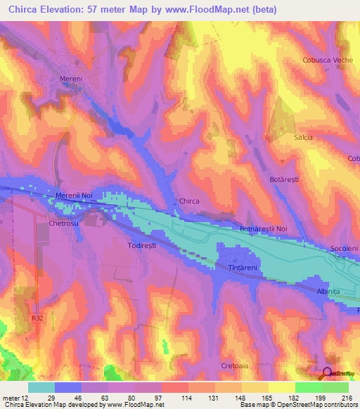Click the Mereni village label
[x=71, y=79]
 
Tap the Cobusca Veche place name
[x=327, y=60]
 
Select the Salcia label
[x=303, y=137]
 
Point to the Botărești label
[x=284, y=180]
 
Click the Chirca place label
[x=190, y=201]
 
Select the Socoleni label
[x=345, y=249]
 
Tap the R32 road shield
[x=37, y=318]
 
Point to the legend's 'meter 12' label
[x=15, y=398]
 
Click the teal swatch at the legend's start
[x=41, y=387]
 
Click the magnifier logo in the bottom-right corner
[x=327, y=374]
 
